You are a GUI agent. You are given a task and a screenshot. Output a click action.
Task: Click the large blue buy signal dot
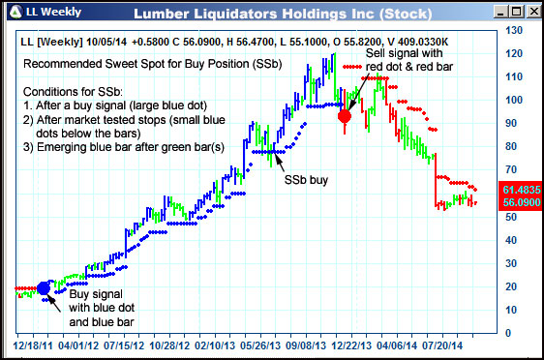[44, 287]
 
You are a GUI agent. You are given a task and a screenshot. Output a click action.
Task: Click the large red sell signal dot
[344, 116]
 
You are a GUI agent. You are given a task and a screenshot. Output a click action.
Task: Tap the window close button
[529, 13]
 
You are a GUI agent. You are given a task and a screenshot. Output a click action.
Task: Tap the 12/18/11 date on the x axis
[33, 344]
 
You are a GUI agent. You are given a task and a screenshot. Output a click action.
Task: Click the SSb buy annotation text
[305, 180]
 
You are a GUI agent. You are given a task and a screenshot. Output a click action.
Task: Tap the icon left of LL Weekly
[14, 13]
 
